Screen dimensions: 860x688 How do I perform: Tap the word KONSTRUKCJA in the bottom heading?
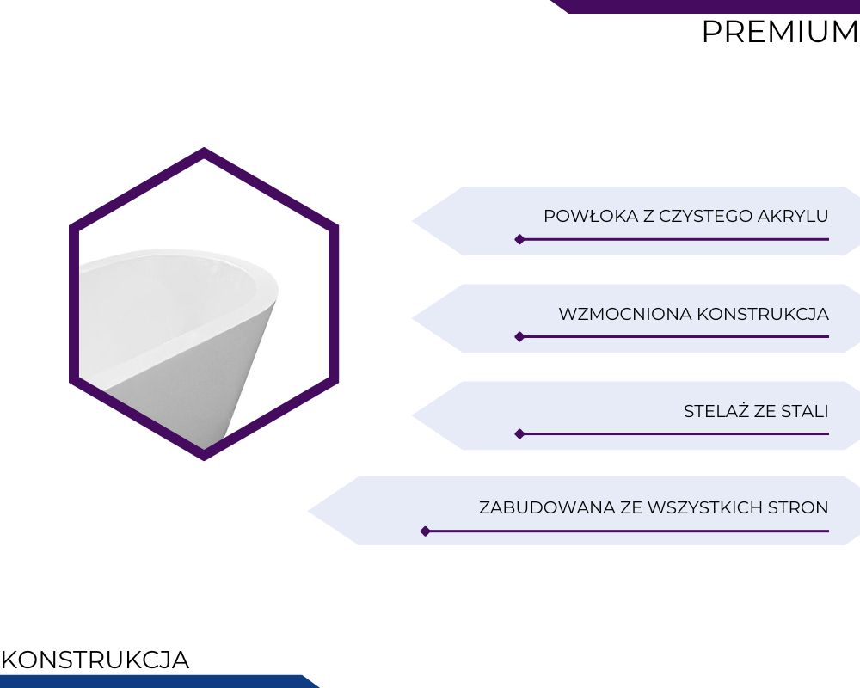click(95, 660)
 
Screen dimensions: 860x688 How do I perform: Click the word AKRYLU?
click(793, 216)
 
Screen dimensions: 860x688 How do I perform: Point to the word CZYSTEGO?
click(705, 216)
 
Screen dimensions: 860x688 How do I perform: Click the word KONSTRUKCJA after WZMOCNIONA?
click(763, 315)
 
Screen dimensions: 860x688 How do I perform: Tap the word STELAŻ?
click(716, 411)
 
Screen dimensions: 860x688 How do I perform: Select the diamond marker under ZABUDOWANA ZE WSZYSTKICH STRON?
click(425, 531)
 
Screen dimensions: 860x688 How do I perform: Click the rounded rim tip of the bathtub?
click(276, 290)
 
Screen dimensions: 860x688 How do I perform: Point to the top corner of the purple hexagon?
click(204, 148)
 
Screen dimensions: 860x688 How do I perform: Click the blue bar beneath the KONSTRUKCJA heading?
click(159, 681)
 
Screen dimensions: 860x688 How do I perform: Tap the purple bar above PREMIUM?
click(705, 6)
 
